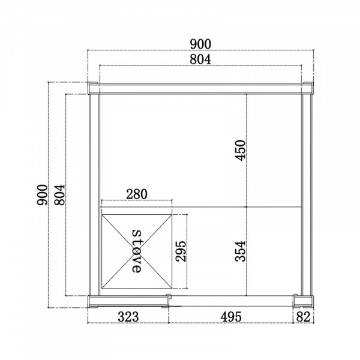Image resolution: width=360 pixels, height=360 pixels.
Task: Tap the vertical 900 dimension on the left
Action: pyautogui.click(x=42, y=194)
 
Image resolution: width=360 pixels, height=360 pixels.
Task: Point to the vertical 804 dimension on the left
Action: pyautogui.click(x=59, y=194)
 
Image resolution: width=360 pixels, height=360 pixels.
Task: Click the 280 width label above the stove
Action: pyautogui.click(x=137, y=194)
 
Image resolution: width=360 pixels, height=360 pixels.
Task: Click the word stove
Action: pyautogui.click(x=137, y=251)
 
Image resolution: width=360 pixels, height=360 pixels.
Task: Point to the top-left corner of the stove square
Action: pyautogui.click(x=102, y=214)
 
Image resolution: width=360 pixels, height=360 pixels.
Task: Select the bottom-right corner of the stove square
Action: pyautogui.click(x=172, y=287)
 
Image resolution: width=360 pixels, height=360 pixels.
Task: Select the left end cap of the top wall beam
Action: pyautogui.click(x=93, y=89)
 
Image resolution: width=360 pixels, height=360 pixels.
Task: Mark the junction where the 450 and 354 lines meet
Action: pyautogui.click(x=247, y=206)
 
